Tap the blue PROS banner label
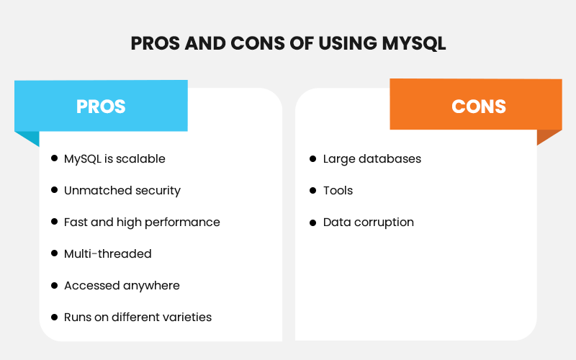pos(101,107)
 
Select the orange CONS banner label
pos(479,107)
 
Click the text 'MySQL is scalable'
pos(114,158)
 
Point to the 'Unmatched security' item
pos(122,190)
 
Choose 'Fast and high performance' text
pos(142,222)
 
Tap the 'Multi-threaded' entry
pos(107,253)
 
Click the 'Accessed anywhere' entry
pos(122,285)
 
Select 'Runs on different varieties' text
pos(138,317)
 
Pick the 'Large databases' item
pos(372,158)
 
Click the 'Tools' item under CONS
pos(338,190)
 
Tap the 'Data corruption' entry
pos(368,222)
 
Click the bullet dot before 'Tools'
pos(312,190)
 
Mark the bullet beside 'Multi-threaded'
pos(54,253)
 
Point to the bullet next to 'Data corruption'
pos(312,222)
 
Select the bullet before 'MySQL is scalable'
pos(54,158)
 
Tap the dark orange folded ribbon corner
pos(548,136)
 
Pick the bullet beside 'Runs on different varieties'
pos(54,317)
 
